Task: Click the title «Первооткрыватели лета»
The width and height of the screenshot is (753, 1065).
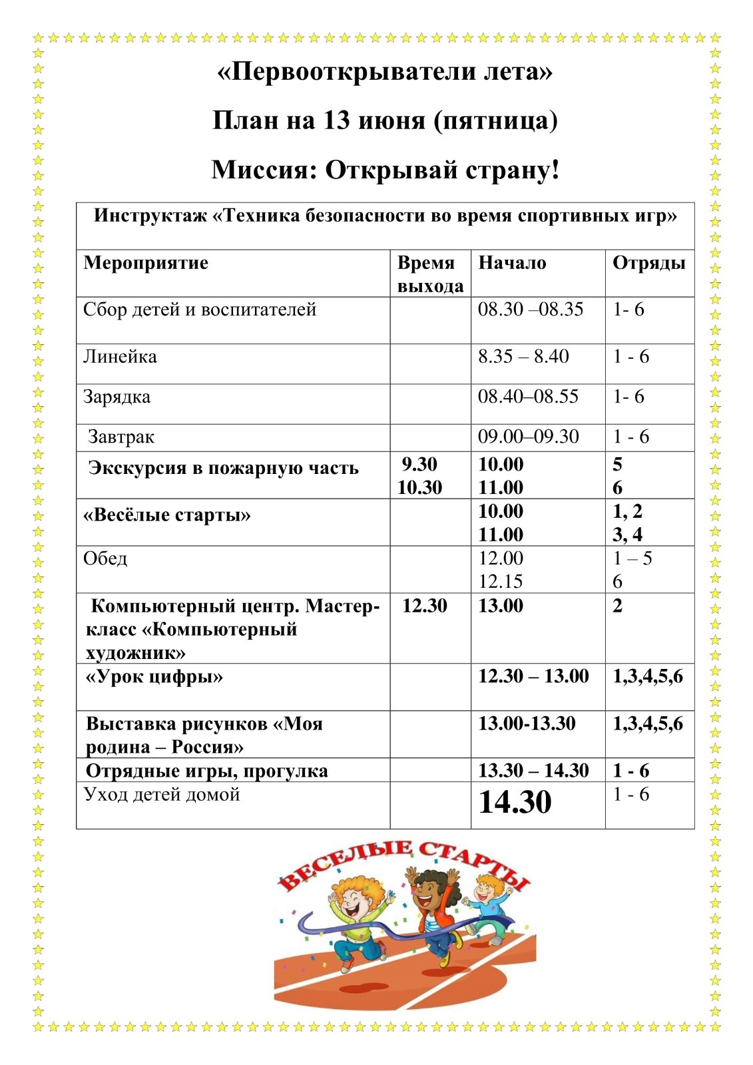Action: (x=385, y=71)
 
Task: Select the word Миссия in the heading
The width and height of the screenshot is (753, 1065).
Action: (x=264, y=170)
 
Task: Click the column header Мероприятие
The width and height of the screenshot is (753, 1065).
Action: (x=146, y=263)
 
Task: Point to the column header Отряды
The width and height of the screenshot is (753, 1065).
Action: (x=648, y=263)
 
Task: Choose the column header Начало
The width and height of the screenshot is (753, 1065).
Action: (x=512, y=263)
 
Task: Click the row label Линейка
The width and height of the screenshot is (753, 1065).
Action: (x=120, y=357)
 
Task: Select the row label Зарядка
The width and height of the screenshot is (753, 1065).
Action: (x=117, y=397)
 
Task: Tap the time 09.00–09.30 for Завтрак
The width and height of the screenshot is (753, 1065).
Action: (x=528, y=437)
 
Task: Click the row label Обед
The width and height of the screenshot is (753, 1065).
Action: (x=105, y=558)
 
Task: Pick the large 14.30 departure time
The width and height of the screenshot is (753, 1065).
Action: (x=515, y=802)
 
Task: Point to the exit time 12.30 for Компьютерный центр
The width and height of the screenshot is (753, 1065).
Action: (x=425, y=606)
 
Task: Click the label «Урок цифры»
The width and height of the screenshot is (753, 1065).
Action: (x=154, y=678)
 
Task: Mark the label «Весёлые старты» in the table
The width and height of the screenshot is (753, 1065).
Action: (x=167, y=516)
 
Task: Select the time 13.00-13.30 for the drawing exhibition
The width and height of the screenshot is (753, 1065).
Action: (x=527, y=724)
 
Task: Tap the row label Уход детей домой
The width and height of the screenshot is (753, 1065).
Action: (x=161, y=795)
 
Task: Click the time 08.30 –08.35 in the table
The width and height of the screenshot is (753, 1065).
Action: (x=531, y=310)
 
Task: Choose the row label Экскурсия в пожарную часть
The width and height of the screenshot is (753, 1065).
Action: (x=223, y=469)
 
